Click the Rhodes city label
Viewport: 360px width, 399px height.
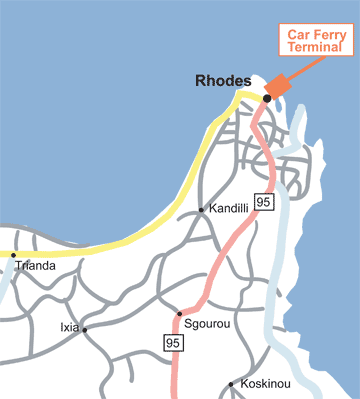(x=224, y=81)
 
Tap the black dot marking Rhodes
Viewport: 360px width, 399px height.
(x=267, y=98)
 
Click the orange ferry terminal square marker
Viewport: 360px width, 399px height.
(x=278, y=85)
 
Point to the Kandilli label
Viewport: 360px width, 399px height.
(x=230, y=210)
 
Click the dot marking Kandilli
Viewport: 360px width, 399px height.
(x=202, y=210)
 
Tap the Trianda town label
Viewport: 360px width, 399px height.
(x=34, y=268)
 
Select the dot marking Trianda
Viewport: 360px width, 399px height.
(x=13, y=255)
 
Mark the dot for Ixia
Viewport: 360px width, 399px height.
(x=85, y=329)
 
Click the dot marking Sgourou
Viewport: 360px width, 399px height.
(x=179, y=314)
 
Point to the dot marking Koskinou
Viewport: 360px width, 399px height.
(x=232, y=384)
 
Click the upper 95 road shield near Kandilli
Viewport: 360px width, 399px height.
(x=263, y=202)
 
